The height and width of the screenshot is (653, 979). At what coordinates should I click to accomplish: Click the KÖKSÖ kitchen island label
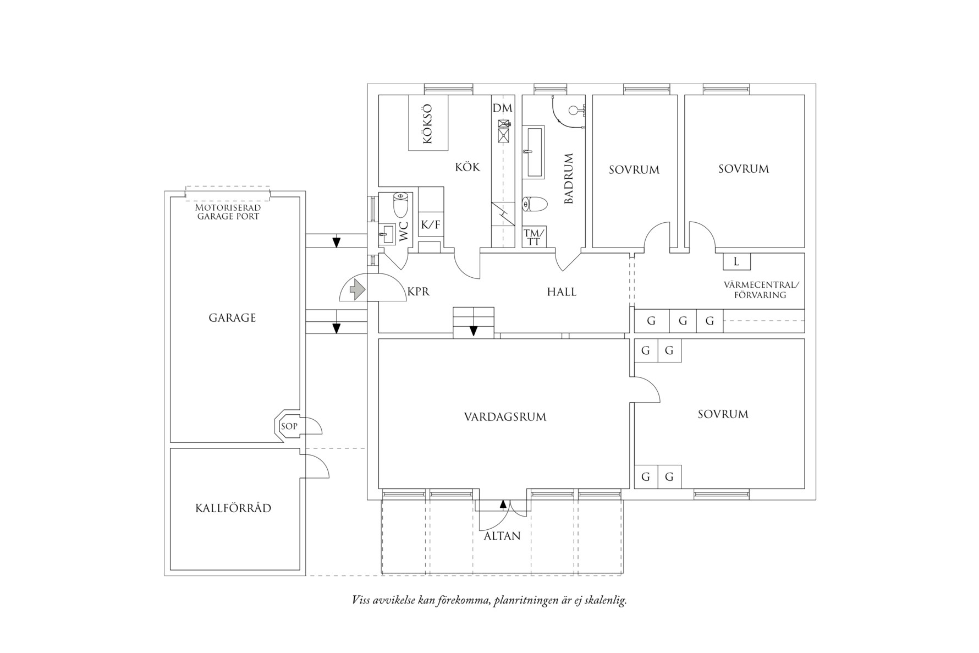point(428,124)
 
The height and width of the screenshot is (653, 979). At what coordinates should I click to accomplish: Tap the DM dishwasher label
point(502,108)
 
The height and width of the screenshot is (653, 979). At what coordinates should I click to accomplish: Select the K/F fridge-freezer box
point(431,224)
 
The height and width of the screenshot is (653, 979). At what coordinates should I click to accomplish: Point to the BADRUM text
point(569,179)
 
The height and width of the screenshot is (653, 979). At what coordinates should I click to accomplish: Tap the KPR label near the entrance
point(419,292)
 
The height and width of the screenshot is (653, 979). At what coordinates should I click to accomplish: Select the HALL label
point(562,292)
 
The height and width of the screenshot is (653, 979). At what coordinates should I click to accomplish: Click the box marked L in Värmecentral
point(736,262)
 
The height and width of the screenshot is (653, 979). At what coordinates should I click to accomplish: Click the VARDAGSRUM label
point(505,417)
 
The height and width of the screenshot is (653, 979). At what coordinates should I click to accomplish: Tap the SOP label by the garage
point(289,426)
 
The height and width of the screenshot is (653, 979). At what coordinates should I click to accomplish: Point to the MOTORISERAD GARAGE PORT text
point(228,212)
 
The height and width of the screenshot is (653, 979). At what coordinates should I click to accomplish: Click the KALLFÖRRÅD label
point(233,508)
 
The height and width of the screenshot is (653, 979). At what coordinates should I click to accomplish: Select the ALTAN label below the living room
point(502,536)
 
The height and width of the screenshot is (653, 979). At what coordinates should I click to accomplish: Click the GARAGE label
point(232,318)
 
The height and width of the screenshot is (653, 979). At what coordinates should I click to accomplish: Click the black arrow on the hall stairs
point(473,331)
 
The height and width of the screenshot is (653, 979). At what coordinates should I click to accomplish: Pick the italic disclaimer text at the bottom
point(489,600)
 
